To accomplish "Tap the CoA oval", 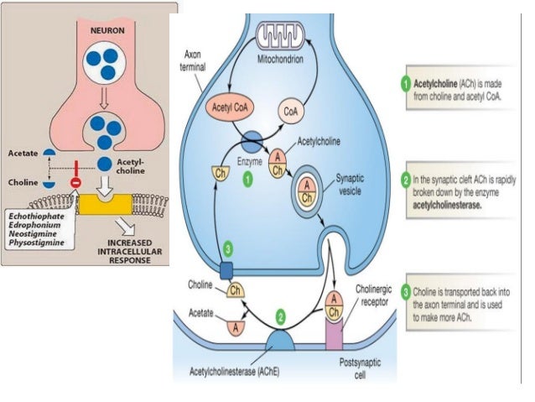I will pyautogui.click(x=293, y=109).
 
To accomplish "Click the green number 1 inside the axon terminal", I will pyautogui.click(x=247, y=179).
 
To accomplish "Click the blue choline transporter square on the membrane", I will pyautogui.click(x=226, y=270).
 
